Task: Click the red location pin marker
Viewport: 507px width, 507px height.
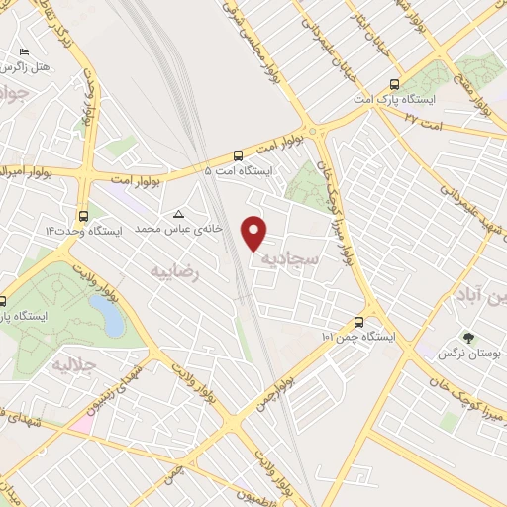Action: coord(255,232)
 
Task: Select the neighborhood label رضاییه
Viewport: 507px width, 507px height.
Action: coord(175,270)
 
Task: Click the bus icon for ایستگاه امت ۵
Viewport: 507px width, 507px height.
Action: coord(238,155)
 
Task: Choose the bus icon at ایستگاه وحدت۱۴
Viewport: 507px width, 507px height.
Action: coord(81,214)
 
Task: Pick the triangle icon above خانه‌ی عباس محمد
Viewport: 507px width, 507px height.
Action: coord(179,214)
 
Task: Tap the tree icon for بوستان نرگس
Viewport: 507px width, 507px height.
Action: coord(468,337)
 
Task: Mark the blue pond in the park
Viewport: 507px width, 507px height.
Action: coord(109,317)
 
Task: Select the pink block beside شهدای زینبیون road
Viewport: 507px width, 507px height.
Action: coord(80,423)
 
